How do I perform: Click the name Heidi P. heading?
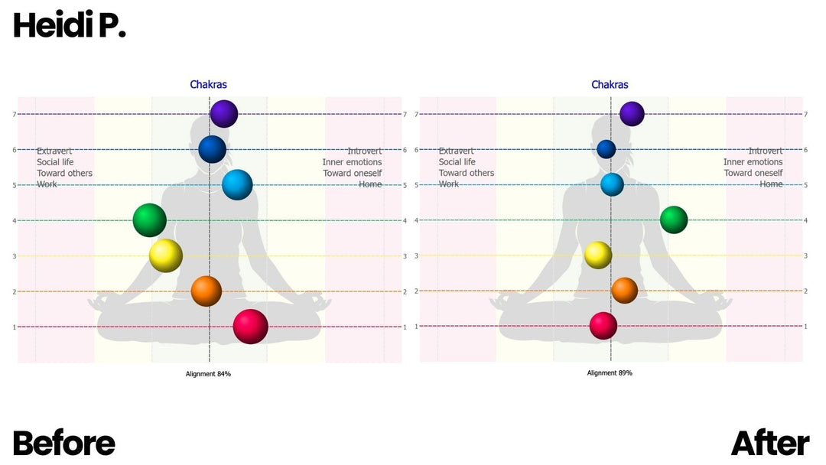coord(69,26)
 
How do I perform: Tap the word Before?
coord(64,444)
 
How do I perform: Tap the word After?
coord(770,444)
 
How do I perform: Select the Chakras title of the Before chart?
coord(209,85)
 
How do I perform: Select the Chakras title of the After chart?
coord(610,85)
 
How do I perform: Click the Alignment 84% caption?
coord(208,374)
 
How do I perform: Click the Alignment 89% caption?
coord(610,373)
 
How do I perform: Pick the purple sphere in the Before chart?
coord(224,114)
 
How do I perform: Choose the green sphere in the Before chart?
coord(149,220)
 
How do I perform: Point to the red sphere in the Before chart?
coord(250,327)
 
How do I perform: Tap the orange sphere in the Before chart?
coord(206,291)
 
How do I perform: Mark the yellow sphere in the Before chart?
coord(165,255)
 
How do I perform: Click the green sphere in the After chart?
coord(674,219)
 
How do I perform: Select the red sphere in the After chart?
coord(603,326)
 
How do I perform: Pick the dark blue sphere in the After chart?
coord(606,149)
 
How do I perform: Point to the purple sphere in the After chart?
coord(632,114)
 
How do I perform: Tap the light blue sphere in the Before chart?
coord(237,184)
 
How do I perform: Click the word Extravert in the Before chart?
coord(54,151)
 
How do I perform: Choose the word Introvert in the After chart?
coord(766,151)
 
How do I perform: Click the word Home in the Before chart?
coord(370,184)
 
